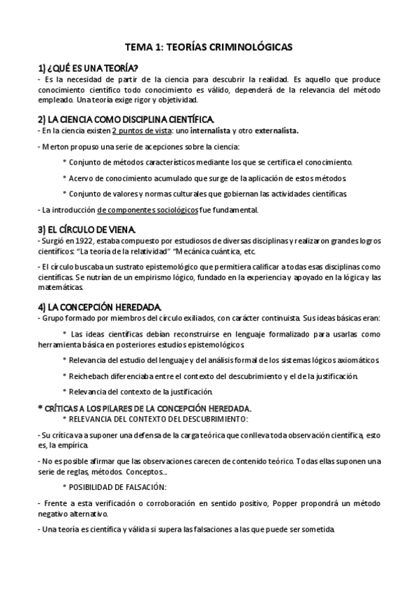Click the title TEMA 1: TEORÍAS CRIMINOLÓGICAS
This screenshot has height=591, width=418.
[x=209, y=47]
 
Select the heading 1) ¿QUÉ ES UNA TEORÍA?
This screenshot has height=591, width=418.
[x=87, y=68]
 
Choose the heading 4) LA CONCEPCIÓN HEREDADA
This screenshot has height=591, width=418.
[x=99, y=307]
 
